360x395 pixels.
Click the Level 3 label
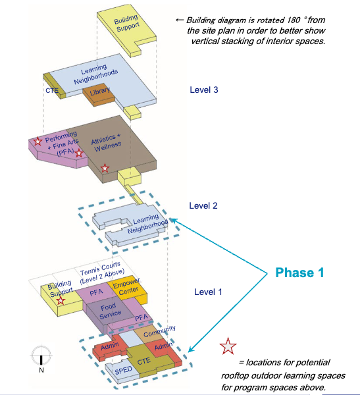pos(204,90)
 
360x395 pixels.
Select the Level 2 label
pos(203,206)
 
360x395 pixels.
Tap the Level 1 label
pos(208,292)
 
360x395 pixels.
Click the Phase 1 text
pos(299,273)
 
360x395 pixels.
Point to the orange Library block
pos(99,95)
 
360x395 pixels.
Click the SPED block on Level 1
pos(122,371)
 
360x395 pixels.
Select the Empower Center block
pos(128,289)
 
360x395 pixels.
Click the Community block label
pos(159,332)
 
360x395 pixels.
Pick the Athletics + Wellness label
pos(107,143)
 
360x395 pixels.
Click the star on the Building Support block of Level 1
pos(60,300)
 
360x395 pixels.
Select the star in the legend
pos(228,346)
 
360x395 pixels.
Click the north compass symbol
pos(41,355)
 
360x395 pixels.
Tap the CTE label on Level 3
pos(52,90)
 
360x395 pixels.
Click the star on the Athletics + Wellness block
pos(105,168)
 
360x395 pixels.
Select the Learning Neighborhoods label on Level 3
pos(95,74)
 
